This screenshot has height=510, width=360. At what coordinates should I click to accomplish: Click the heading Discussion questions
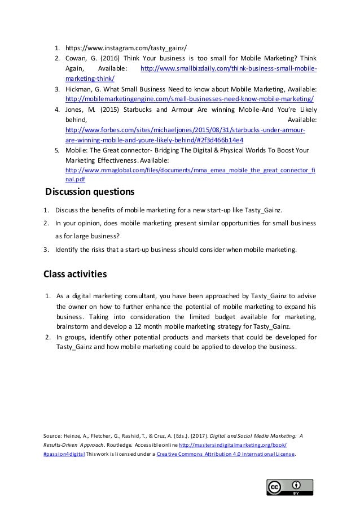coord(89,191)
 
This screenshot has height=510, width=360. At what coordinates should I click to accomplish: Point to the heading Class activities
coord(75,275)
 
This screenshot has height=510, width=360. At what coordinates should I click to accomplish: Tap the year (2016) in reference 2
coord(113,58)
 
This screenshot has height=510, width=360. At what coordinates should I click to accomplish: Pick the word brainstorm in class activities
coord(73,326)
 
